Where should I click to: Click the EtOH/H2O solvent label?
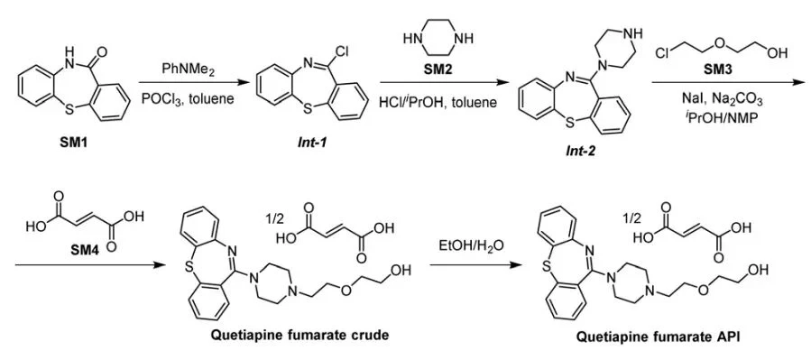(467, 245)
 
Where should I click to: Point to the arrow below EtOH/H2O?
(467, 265)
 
